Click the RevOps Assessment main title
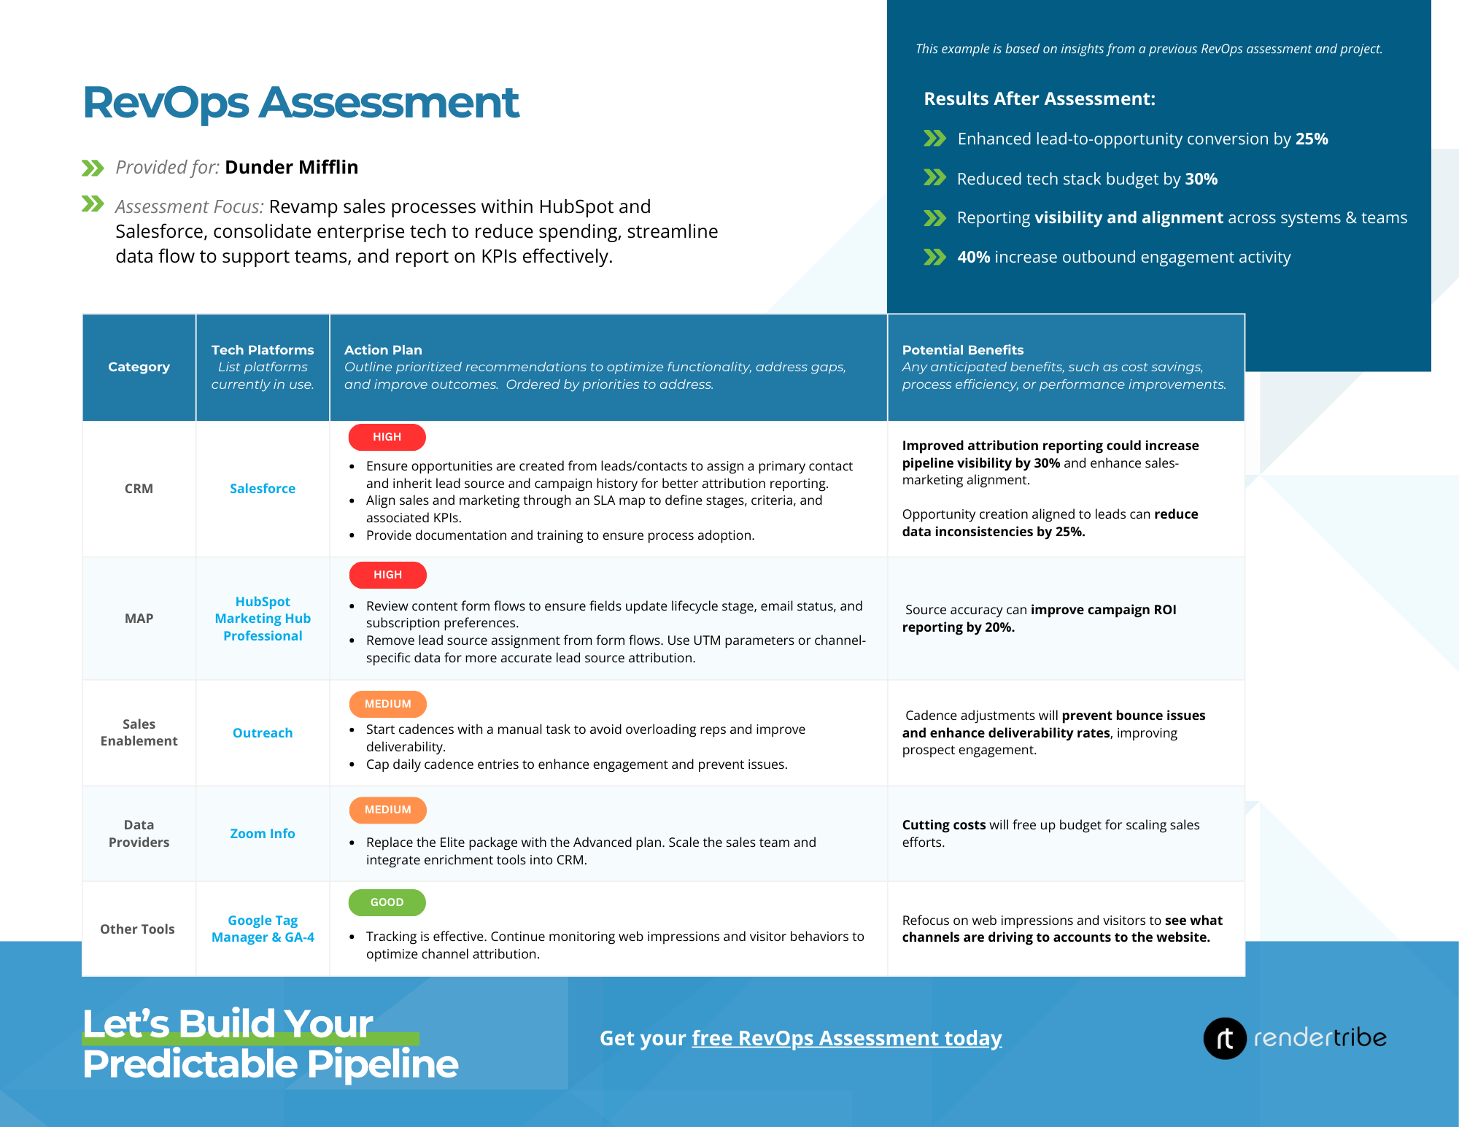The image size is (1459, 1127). (x=301, y=103)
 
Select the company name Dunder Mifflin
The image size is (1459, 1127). (x=291, y=167)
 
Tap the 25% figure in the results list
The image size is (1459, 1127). (x=1311, y=139)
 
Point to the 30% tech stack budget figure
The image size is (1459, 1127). (x=1201, y=179)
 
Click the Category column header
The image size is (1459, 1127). (x=139, y=367)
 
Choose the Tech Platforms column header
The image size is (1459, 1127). (x=263, y=350)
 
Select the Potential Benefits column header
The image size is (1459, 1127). (x=962, y=350)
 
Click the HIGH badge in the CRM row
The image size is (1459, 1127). (x=387, y=437)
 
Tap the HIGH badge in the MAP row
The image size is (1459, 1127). (x=387, y=575)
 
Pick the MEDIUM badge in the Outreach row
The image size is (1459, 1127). (x=387, y=704)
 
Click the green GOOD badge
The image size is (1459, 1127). (x=387, y=902)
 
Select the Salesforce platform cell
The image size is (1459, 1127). (x=263, y=489)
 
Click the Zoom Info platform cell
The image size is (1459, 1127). (x=263, y=834)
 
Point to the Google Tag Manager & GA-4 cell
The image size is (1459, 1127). (x=263, y=929)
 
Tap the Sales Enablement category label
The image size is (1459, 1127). (x=139, y=732)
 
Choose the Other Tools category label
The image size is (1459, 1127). (x=137, y=929)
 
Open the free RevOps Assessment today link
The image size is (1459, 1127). (x=846, y=1038)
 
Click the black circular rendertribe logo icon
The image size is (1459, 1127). (x=1224, y=1038)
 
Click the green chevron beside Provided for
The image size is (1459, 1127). (x=93, y=169)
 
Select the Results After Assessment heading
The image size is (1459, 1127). (x=1040, y=98)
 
